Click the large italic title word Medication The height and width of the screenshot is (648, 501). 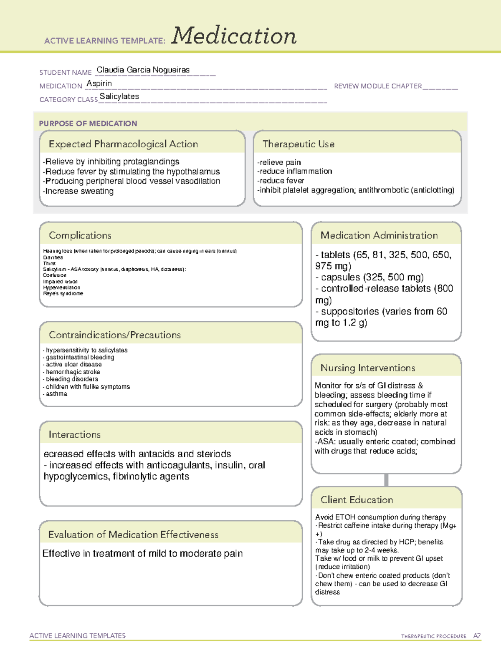pyautogui.click(x=233, y=36)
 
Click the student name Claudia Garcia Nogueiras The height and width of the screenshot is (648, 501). pyautogui.click(x=143, y=70)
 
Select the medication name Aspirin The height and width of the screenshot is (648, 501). pyautogui.click(x=99, y=83)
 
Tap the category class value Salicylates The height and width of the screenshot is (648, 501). pyautogui.click(x=119, y=96)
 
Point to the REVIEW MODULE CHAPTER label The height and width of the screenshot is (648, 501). pyautogui.click(x=377, y=86)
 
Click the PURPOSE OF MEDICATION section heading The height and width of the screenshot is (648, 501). pyautogui.click(x=88, y=124)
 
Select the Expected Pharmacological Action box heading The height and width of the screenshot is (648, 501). pyautogui.click(x=123, y=144)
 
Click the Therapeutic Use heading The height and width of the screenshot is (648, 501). pyautogui.click(x=298, y=144)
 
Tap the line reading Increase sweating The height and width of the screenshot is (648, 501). pyautogui.click(x=78, y=191)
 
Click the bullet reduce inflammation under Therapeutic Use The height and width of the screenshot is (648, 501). pyautogui.click(x=295, y=171)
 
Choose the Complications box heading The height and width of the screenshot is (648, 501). pyautogui.click(x=80, y=236)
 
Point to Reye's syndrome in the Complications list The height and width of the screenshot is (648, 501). pyautogui.click(x=63, y=294)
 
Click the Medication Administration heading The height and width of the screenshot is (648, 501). pyautogui.click(x=379, y=236)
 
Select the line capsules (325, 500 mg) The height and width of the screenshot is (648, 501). pyautogui.click(x=369, y=277)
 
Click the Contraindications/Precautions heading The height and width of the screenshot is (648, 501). pyautogui.click(x=114, y=335)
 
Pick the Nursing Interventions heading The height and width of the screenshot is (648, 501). pyautogui.click(x=367, y=368)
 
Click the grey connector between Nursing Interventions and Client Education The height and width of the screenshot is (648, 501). pyautogui.click(x=386, y=480)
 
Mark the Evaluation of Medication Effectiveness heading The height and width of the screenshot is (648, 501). pyautogui.click(x=133, y=535)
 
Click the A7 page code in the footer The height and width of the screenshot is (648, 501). pyautogui.click(x=476, y=636)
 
